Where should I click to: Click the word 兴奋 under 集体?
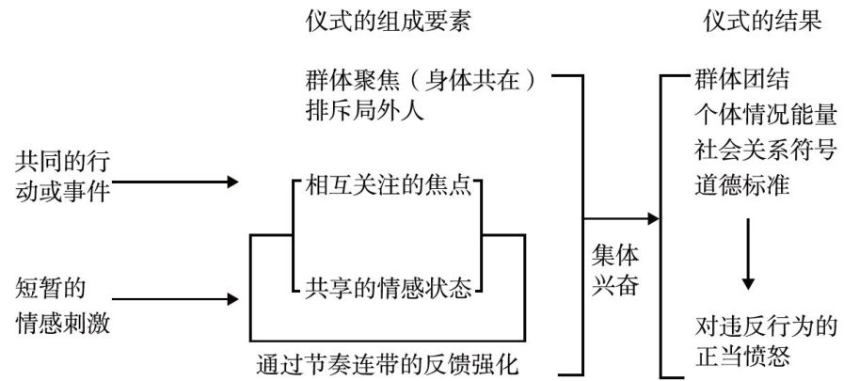[x=613, y=286]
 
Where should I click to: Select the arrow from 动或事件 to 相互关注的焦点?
[x=177, y=181]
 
